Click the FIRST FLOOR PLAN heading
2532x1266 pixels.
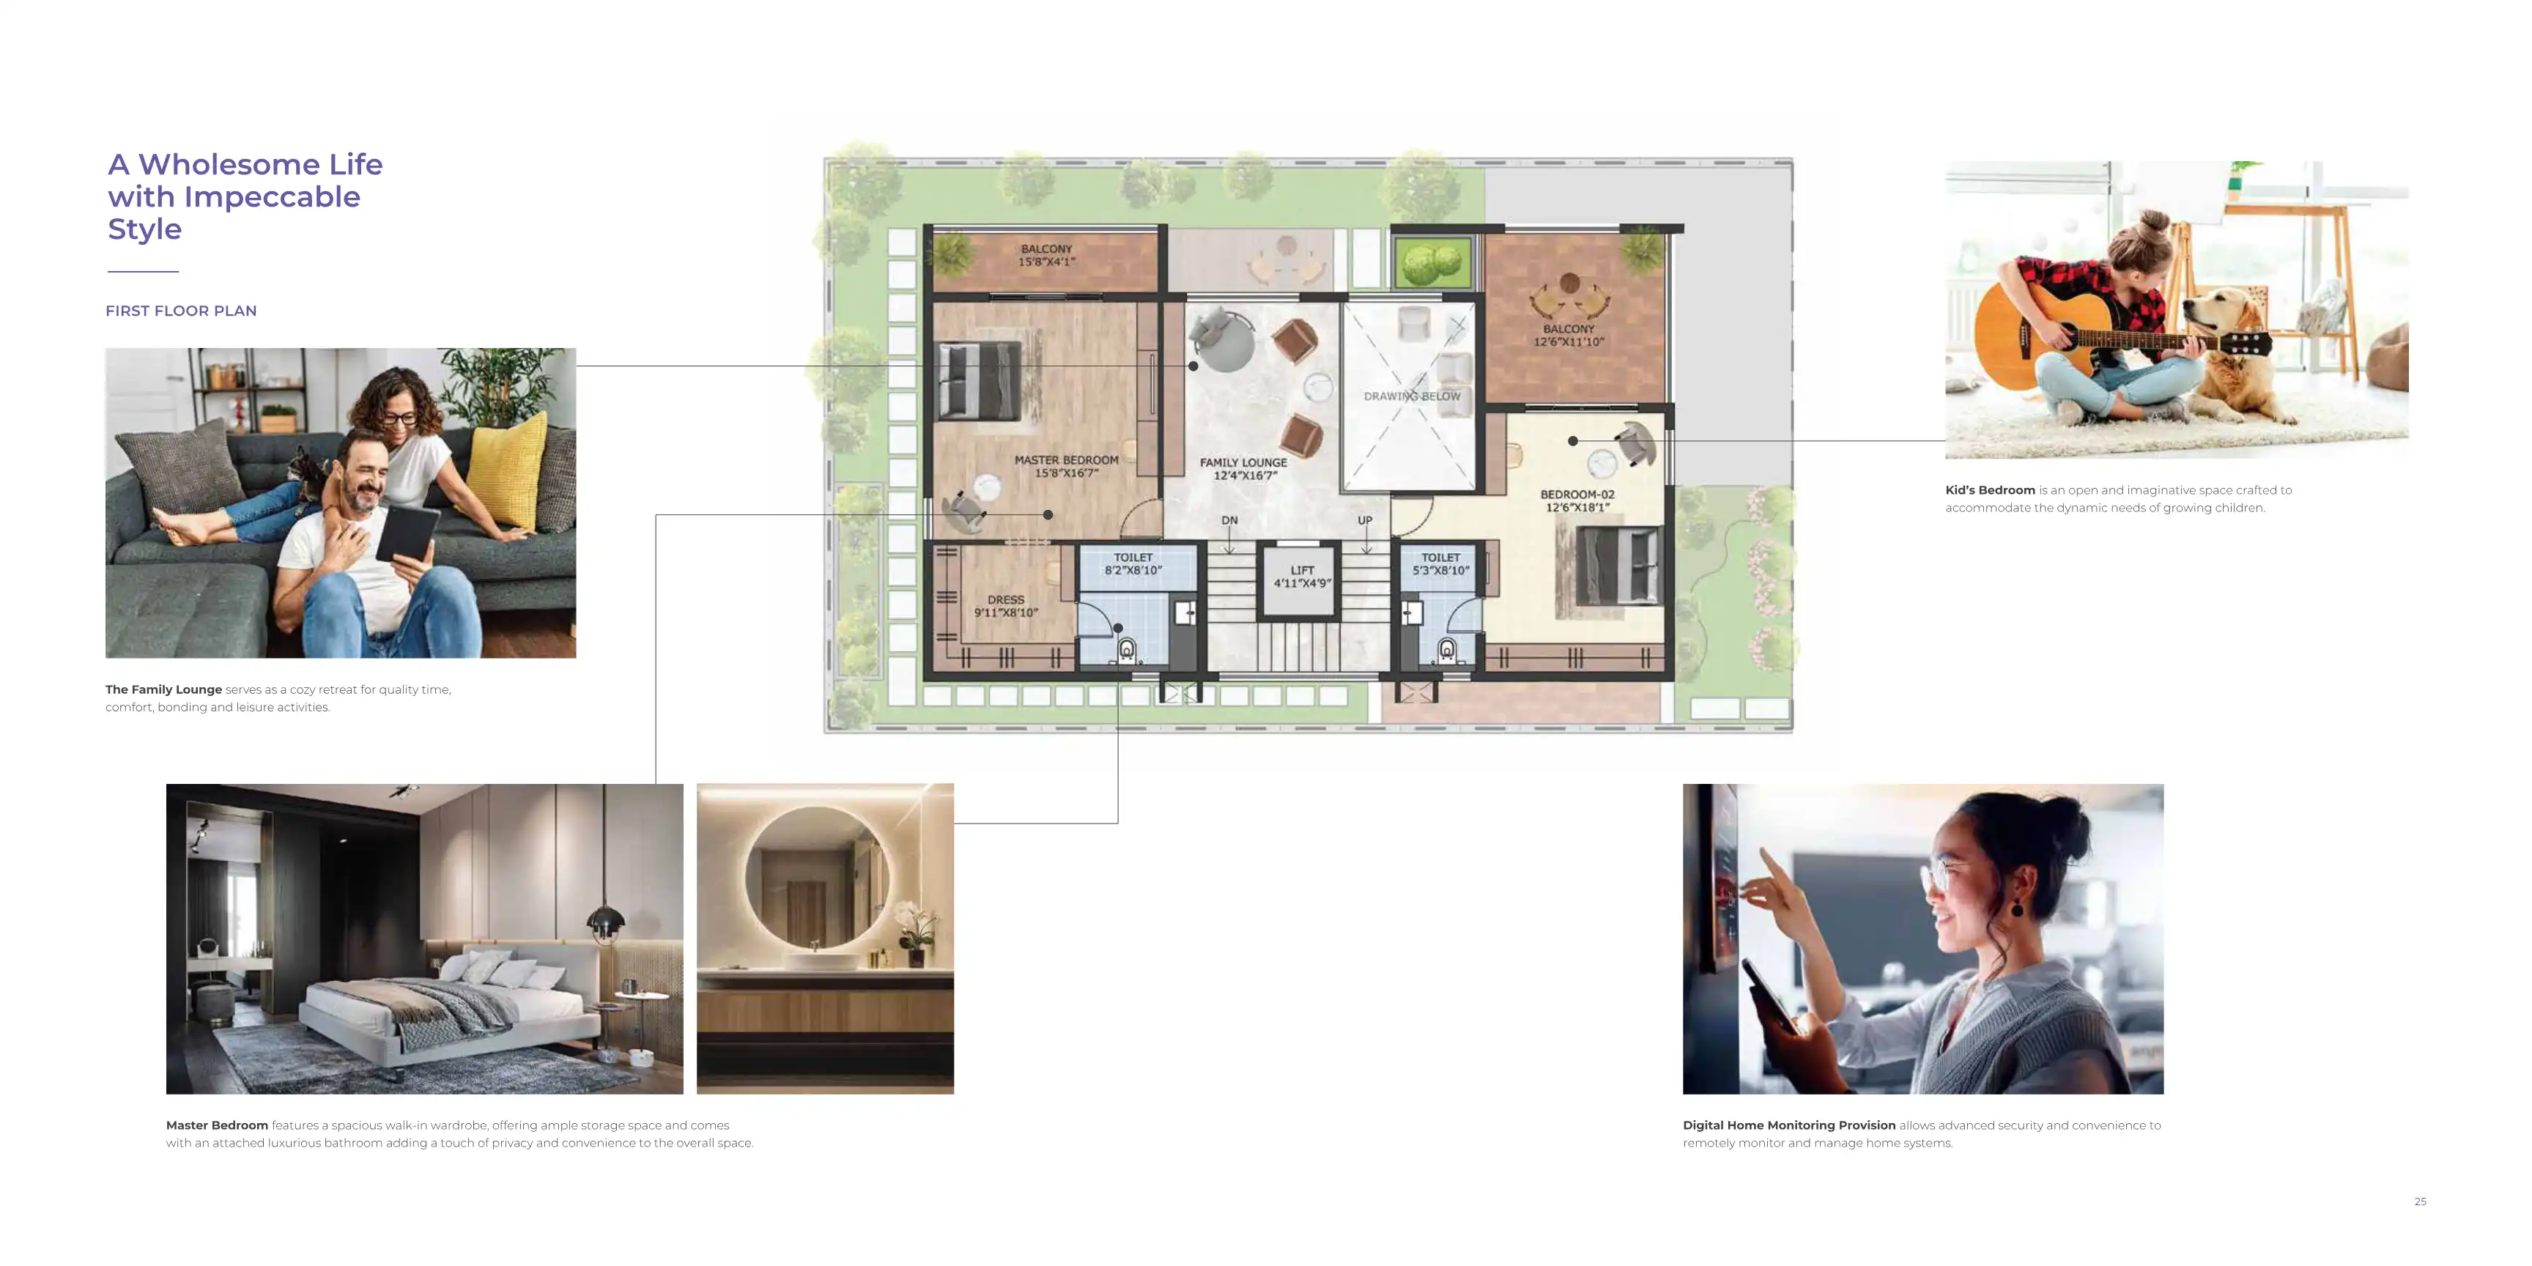pyautogui.click(x=181, y=311)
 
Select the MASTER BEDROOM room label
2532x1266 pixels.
pyautogui.click(x=1067, y=467)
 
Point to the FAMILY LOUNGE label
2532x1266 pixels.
pyautogui.click(x=1243, y=469)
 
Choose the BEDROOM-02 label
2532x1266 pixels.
pyautogui.click(x=1577, y=501)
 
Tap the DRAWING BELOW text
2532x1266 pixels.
pyautogui.click(x=1412, y=396)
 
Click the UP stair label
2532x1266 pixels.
pyautogui.click(x=1366, y=520)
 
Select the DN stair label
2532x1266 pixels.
pyautogui.click(x=1229, y=520)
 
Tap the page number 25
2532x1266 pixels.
pyautogui.click(x=2420, y=1201)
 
